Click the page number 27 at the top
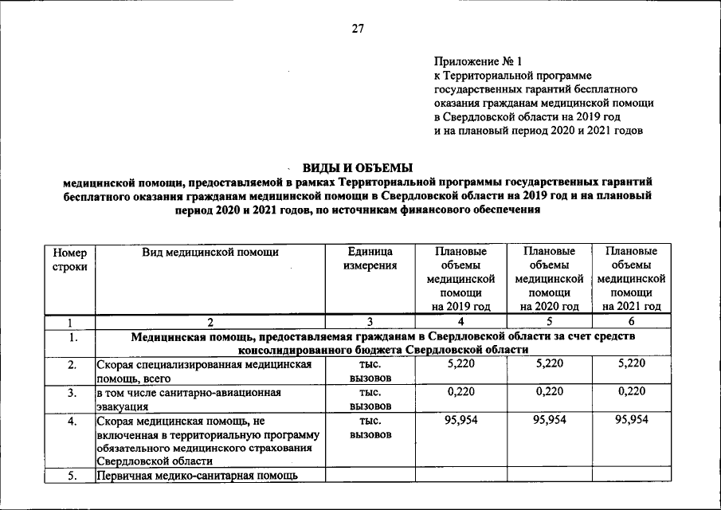point(358,29)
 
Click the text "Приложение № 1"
point(477,61)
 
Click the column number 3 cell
point(370,323)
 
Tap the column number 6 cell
point(631,323)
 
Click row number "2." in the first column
point(71,365)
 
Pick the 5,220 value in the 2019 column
point(460,363)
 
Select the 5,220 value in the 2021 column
point(631,363)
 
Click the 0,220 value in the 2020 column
point(549,392)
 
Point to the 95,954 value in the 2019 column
point(460,420)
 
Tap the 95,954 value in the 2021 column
point(631,420)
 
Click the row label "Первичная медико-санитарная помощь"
point(198,476)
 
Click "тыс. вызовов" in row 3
point(370,399)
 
